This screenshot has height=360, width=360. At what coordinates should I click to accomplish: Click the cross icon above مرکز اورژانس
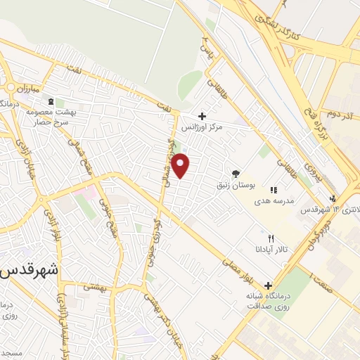pos(202,116)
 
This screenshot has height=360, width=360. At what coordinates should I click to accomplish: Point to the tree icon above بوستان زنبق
pos(236,173)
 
